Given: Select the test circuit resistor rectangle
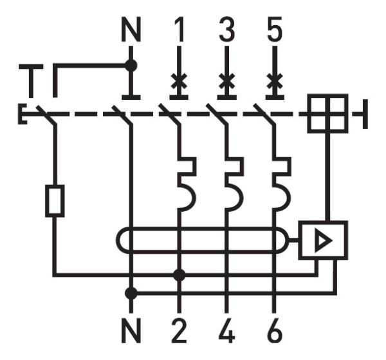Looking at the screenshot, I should pos(54,201).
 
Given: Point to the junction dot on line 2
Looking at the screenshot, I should pos(179,275).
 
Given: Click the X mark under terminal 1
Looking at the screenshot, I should pos(179,82).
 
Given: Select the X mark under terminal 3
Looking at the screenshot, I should pos(226,82).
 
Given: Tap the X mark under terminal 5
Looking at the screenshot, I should pos(274,82).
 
